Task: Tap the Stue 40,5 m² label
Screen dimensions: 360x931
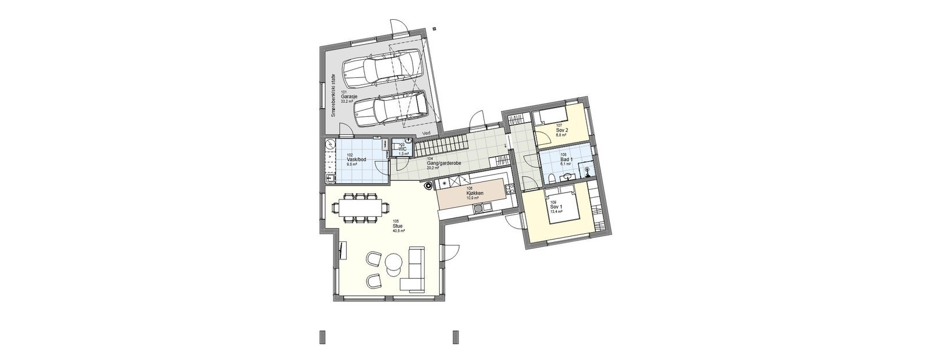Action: click(398, 227)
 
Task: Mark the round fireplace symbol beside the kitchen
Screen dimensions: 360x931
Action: click(429, 186)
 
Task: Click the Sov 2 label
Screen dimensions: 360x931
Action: click(562, 130)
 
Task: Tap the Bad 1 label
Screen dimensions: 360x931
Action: click(565, 159)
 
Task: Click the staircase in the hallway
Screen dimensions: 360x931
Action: click(440, 143)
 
